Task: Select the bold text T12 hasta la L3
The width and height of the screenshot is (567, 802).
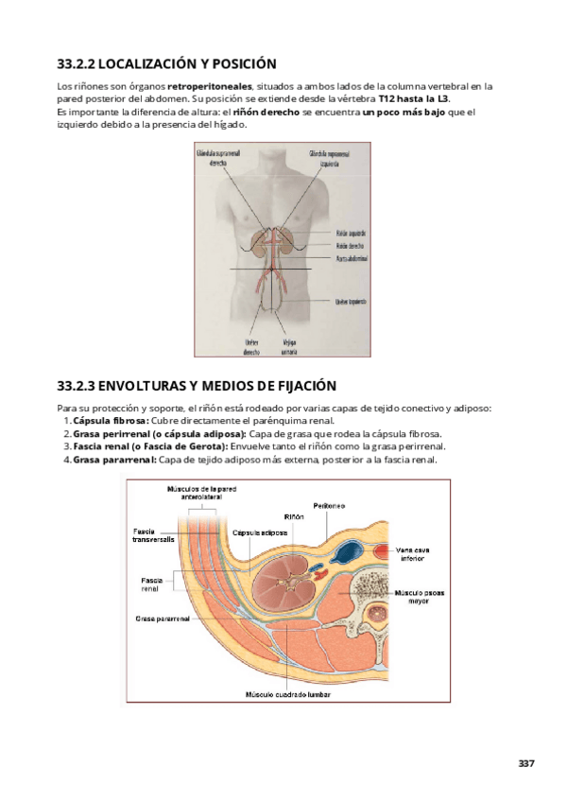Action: point(414,97)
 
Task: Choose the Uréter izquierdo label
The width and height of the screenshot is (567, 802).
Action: point(349,302)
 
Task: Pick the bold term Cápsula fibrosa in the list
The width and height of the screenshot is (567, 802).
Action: point(110,420)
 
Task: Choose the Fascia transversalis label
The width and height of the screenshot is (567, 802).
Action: point(152,536)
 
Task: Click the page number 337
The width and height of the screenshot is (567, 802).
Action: point(526,763)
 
